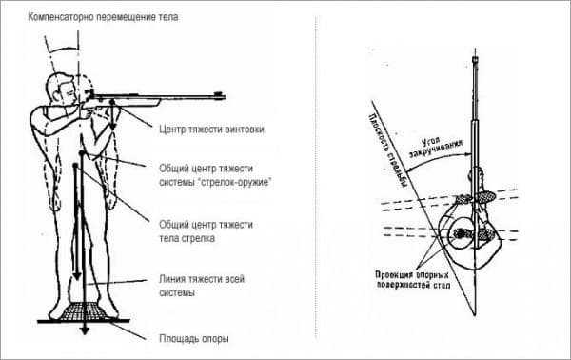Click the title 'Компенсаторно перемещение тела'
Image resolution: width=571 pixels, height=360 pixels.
[x=104, y=17]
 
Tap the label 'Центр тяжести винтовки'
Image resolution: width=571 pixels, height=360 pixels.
[x=211, y=130]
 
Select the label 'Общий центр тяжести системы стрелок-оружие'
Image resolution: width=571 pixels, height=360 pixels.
[x=216, y=175]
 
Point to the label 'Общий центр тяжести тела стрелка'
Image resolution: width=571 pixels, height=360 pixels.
[x=206, y=231]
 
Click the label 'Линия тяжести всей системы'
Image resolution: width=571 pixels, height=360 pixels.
[x=202, y=286]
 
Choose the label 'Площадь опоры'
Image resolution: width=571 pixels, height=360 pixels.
[x=194, y=338]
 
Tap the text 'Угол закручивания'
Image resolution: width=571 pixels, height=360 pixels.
[x=435, y=147]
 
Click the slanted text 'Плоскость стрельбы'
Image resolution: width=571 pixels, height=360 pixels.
[x=388, y=150]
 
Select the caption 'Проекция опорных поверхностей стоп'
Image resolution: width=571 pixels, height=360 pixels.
[x=413, y=280]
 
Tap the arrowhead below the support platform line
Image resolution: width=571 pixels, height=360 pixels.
[x=85, y=330]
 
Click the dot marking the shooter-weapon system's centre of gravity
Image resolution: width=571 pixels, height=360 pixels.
[x=82, y=154]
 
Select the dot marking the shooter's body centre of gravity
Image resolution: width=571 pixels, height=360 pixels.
[x=75, y=166]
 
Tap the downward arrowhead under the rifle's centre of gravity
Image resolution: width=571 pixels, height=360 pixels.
[x=113, y=126]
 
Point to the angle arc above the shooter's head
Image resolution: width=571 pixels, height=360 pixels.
[x=63, y=50]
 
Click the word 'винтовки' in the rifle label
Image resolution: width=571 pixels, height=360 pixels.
[x=245, y=130]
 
